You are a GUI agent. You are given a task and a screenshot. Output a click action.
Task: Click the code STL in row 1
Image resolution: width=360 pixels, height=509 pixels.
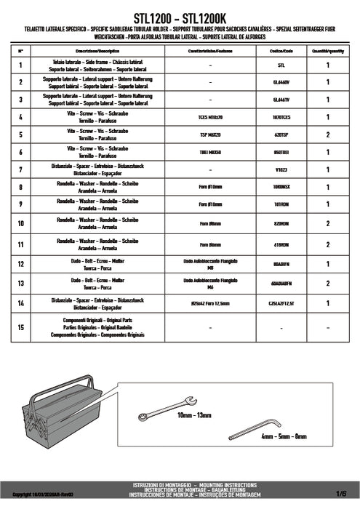click(x=280, y=65)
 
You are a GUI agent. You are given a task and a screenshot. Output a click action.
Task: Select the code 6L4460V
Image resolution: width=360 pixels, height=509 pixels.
click(x=280, y=82)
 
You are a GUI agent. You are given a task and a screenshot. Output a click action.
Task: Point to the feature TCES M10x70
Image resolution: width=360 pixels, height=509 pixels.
click(x=209, y=116)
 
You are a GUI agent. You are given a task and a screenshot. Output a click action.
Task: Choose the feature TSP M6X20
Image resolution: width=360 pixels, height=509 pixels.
click(x=209, y=135)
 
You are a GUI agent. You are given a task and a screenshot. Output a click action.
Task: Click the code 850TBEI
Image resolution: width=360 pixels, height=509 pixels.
click(x=280, y=152)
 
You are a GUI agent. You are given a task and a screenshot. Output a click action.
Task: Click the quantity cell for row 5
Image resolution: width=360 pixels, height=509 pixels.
click(x=328, y=135)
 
